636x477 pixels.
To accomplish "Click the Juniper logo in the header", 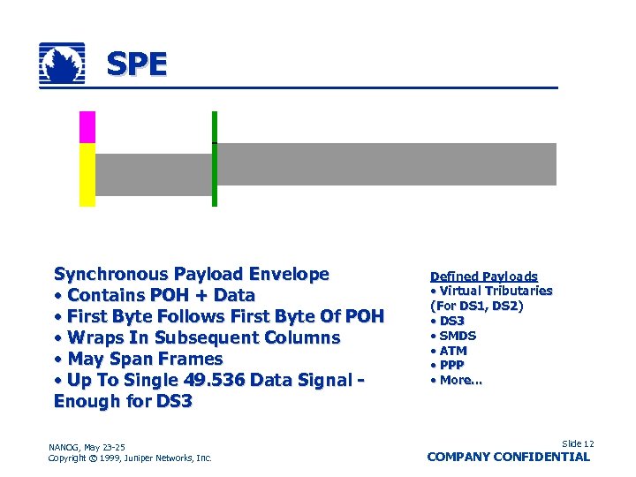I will click(x=62, y=64).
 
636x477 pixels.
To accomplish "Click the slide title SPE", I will click(x=136, y=64).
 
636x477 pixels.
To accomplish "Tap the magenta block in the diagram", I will click(x=87, y=127).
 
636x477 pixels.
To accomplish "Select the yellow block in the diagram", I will click(x=87, y=174).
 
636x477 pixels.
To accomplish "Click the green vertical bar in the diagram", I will click(x=214, y=159).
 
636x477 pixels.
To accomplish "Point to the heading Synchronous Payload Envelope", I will click(x=191, y=274).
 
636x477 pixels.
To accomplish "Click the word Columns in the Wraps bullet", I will click(x=296, y=337).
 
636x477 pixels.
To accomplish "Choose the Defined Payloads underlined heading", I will click(x=483, y=276).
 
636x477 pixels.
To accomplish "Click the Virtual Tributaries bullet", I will click(x=495, y=291).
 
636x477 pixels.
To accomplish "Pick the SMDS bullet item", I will click(x=457, y=336).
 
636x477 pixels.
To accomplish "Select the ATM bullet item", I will click(x=452, y=351).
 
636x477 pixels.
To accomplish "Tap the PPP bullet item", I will click(x=451, y=365).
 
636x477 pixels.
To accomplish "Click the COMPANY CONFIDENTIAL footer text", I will click(x=508, y=457).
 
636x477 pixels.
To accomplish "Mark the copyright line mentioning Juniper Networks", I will click(x=130, y=458).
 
